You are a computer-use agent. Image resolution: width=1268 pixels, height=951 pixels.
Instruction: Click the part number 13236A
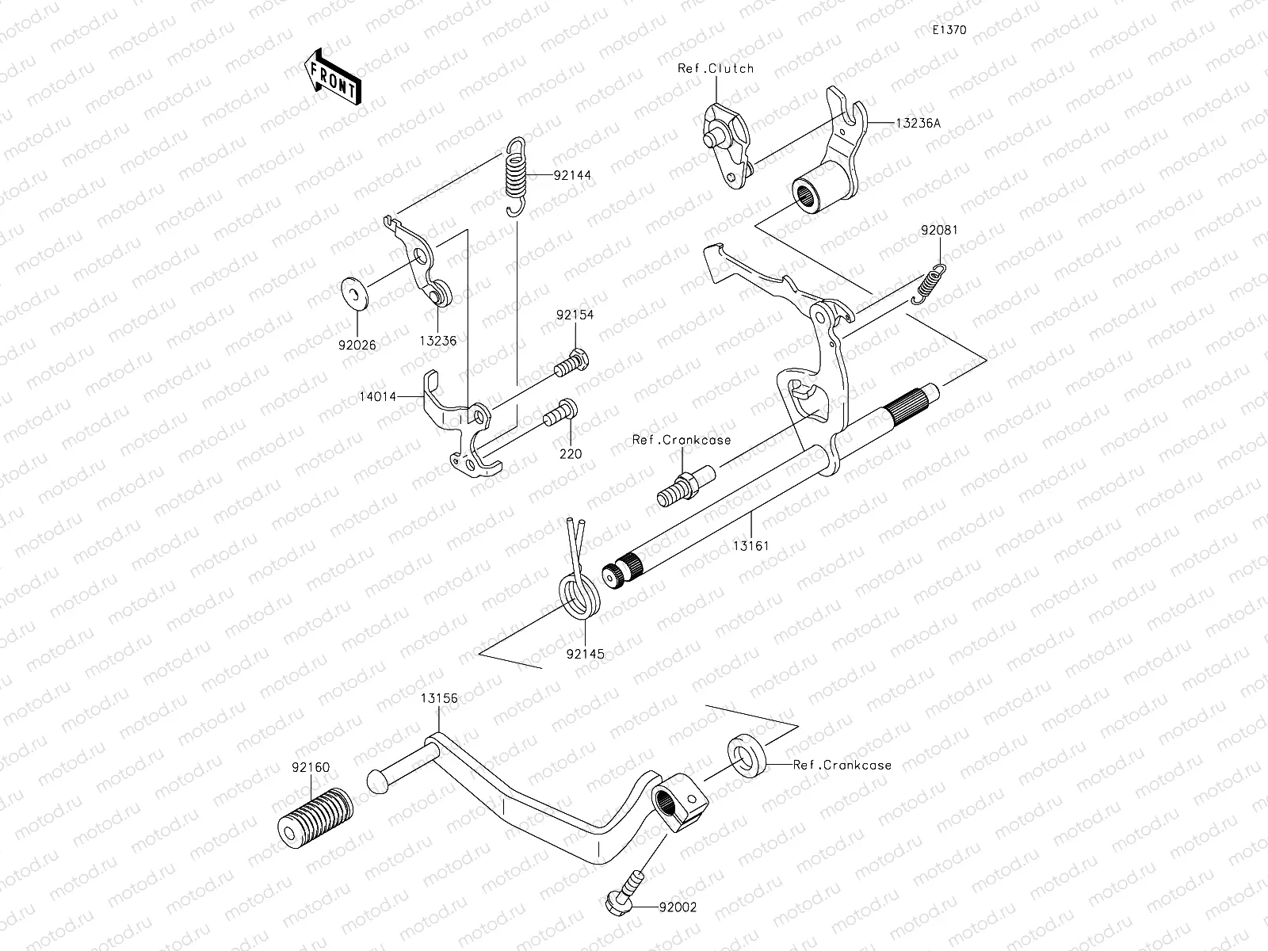[x=919, y=123]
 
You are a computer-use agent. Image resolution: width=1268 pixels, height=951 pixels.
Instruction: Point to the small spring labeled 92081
[x=929, y=285]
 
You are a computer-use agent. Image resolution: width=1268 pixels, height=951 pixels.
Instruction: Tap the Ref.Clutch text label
[x=716, y=69]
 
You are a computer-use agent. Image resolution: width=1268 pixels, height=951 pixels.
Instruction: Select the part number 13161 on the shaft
[x=750, y=546]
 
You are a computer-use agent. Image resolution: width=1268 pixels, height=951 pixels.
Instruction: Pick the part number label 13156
[x=439, y=698]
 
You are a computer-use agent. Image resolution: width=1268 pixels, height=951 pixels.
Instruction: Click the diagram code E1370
[x=949, y=30]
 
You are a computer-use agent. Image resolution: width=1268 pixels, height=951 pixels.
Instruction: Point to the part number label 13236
[x=439, y=341]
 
